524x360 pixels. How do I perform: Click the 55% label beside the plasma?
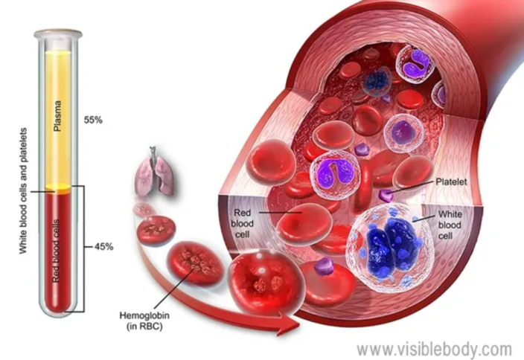click(93, 120)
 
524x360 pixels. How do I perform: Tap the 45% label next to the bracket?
click(104, 247)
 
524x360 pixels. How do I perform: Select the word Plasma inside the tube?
click(57, 115)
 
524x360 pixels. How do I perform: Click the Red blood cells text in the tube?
click(56, 251)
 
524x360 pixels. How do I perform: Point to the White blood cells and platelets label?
click(23, 190)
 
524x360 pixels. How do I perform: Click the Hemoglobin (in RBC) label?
click(144, 321)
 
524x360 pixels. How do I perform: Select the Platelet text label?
click(451, 181)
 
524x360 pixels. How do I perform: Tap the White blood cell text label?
click(450, 225)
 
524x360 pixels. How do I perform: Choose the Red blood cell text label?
click(243, 223)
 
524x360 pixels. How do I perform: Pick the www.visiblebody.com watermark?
click(434, 350)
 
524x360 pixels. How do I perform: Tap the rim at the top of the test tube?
click(58, 33)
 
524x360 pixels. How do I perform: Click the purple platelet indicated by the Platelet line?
click(386, 196)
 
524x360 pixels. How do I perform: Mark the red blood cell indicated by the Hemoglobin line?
click(196, 263)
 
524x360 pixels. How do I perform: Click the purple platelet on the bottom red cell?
click(324, 266)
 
